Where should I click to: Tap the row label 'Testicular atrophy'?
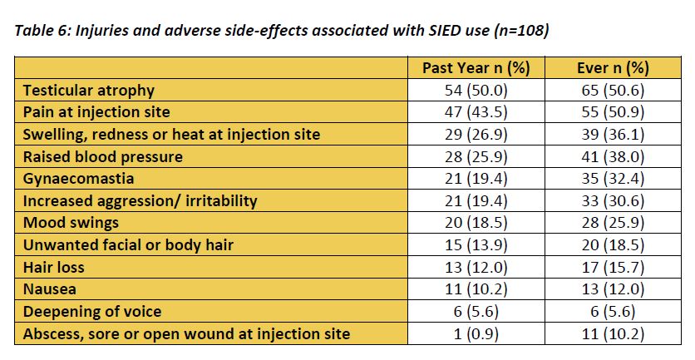tap(88, 90)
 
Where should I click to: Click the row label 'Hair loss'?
tap(53, 268)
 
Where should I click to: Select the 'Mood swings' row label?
tap(70, 223)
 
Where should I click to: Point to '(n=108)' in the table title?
tap(520, 32)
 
